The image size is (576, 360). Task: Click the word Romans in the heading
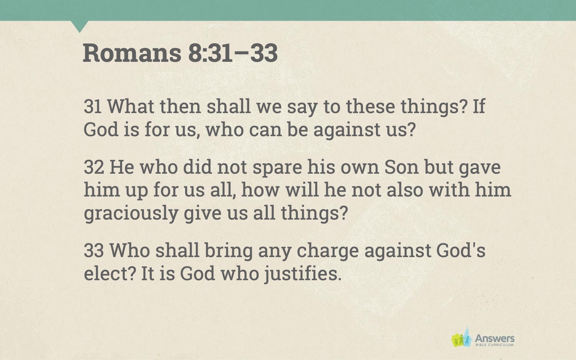132,53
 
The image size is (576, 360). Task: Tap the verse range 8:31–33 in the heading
233,53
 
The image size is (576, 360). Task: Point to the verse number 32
94,167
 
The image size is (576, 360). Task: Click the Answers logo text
494,339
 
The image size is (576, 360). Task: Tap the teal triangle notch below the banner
80,26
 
